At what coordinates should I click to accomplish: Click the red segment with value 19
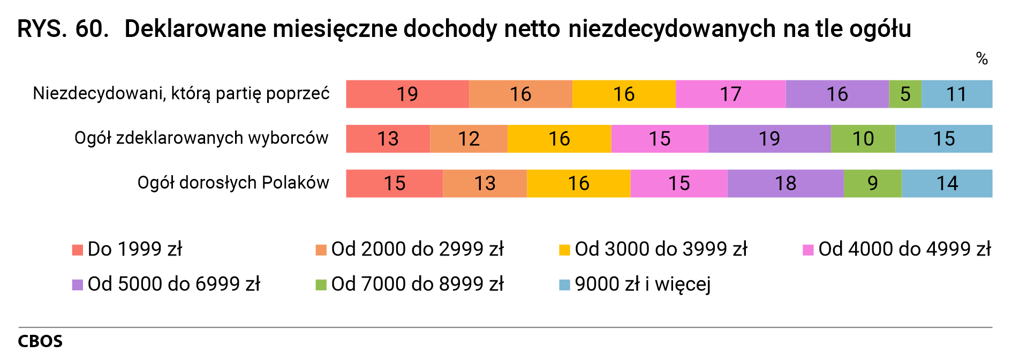407,94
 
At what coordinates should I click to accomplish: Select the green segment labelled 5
905,94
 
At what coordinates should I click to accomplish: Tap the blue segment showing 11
956,94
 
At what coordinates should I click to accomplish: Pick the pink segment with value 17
730,94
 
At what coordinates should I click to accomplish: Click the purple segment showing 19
769,139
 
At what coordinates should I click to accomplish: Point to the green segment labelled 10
863,139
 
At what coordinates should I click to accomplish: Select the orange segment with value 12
469,139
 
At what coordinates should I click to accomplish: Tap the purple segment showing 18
785,183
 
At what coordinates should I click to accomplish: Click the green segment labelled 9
872,183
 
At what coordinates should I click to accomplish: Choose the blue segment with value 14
947,183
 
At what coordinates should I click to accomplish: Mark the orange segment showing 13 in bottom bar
485,183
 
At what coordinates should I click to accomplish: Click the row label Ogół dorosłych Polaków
233,183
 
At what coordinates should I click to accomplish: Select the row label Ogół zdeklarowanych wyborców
201,138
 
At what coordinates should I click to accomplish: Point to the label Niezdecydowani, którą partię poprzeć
181,94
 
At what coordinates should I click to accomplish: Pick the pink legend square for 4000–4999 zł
808,250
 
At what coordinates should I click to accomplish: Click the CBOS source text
40,341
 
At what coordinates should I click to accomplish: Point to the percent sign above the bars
981,58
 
